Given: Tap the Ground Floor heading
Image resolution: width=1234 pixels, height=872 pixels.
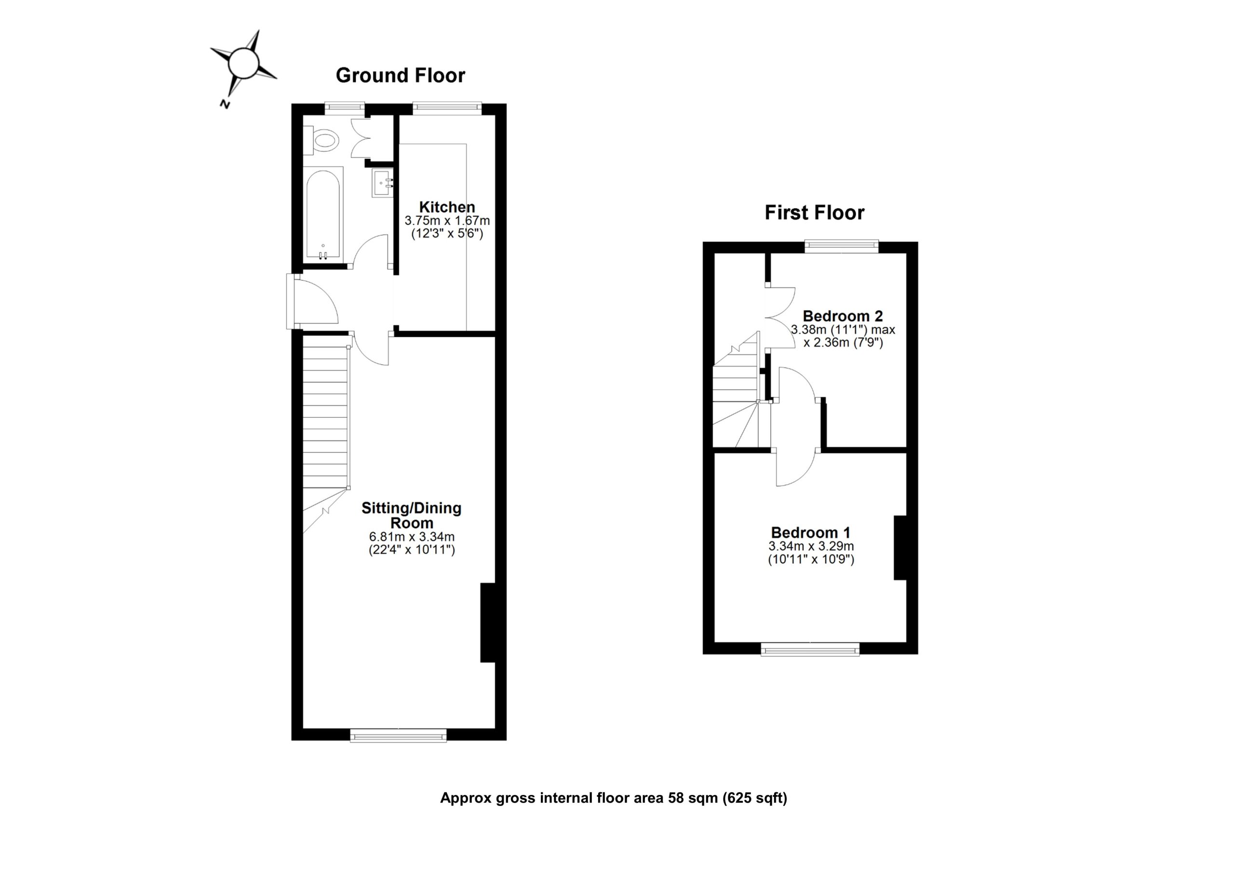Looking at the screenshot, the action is click(401, 75).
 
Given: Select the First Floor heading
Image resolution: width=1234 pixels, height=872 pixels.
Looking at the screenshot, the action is click(814, 213).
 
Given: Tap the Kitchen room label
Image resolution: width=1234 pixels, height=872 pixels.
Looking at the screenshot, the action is click(447, 207).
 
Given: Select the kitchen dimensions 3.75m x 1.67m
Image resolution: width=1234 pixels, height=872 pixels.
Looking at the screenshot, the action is click(447, 221).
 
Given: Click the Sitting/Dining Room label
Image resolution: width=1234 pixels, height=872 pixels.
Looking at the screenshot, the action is click(412, 515).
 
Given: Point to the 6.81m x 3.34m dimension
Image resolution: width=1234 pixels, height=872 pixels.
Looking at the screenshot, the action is click(412, 537).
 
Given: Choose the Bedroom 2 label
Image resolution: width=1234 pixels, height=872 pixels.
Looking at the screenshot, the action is click(843, 316).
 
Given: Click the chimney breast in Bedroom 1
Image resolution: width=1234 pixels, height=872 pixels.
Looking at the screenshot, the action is click(901, 547).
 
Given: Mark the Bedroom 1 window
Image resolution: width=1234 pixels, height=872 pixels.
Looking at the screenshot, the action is click(810, 649).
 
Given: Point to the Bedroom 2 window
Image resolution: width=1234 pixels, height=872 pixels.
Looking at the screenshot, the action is click(841, 247).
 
